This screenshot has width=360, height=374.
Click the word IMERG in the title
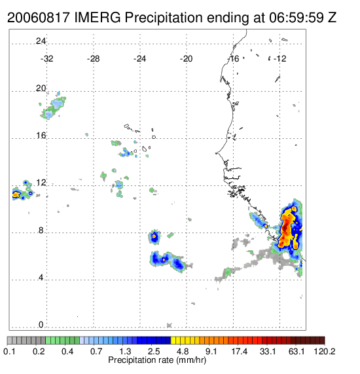click(x=98, y=18)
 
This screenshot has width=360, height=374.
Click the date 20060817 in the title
click(x=39, y=18)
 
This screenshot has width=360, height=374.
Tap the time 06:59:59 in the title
click(x=297, y=18)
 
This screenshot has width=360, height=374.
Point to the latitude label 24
click(x=41, y=41)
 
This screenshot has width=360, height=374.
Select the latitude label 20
click(x=41, y=88)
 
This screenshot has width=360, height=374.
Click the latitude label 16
click(x=41, y=136)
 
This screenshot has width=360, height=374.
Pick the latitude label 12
click(x=41, y=183)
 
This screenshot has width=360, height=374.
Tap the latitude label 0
click(x=41, y=325)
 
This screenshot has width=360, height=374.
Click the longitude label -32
click(x=46, y=59)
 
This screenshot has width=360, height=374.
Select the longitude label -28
click(x=93, y=59)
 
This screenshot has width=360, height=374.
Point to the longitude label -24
click(x=139, y=59)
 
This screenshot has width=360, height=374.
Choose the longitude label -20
click(x=186, y=59)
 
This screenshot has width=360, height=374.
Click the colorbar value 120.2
click(x=324, y=351)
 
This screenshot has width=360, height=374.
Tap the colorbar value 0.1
click(x=9, y=351)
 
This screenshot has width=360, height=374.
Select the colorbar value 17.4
click(x=240, y=351)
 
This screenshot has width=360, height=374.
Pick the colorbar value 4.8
click(x=183, y=351)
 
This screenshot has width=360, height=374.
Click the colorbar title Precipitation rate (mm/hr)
click(x=157, y=360)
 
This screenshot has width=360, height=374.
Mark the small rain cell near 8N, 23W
click(x=154, y=236)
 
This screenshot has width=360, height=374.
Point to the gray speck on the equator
click(x=170, y=325)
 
